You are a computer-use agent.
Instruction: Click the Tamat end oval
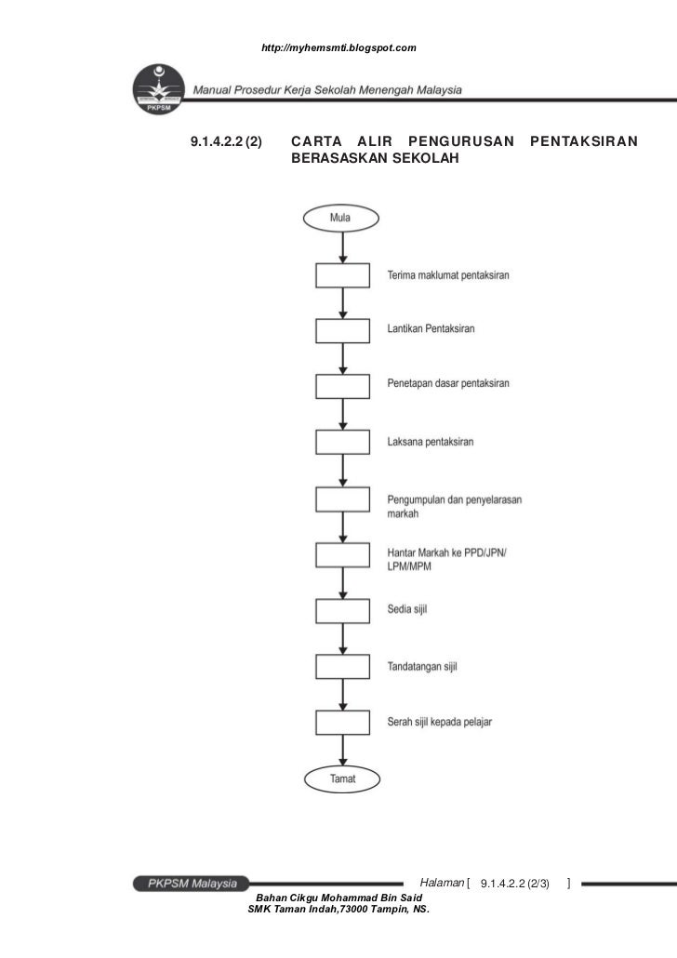click(x=342, y=777)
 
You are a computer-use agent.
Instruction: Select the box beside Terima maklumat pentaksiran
click(x=342, y=276)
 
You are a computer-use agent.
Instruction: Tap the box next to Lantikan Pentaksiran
click(x=342, y=330)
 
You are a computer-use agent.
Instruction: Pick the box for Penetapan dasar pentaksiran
click(x=342, y=385)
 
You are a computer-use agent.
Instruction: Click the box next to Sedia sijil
click(x=342, y=610)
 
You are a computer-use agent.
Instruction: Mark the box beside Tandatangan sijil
click(x=342, y=666)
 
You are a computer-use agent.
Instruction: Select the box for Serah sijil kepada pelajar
click(x=342, y=723)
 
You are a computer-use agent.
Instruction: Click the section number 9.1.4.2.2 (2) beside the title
click(x=226, y=142)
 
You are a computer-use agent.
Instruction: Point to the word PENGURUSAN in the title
click(x=461, y=142)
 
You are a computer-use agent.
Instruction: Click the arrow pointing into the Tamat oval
click(x=342, y=752)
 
